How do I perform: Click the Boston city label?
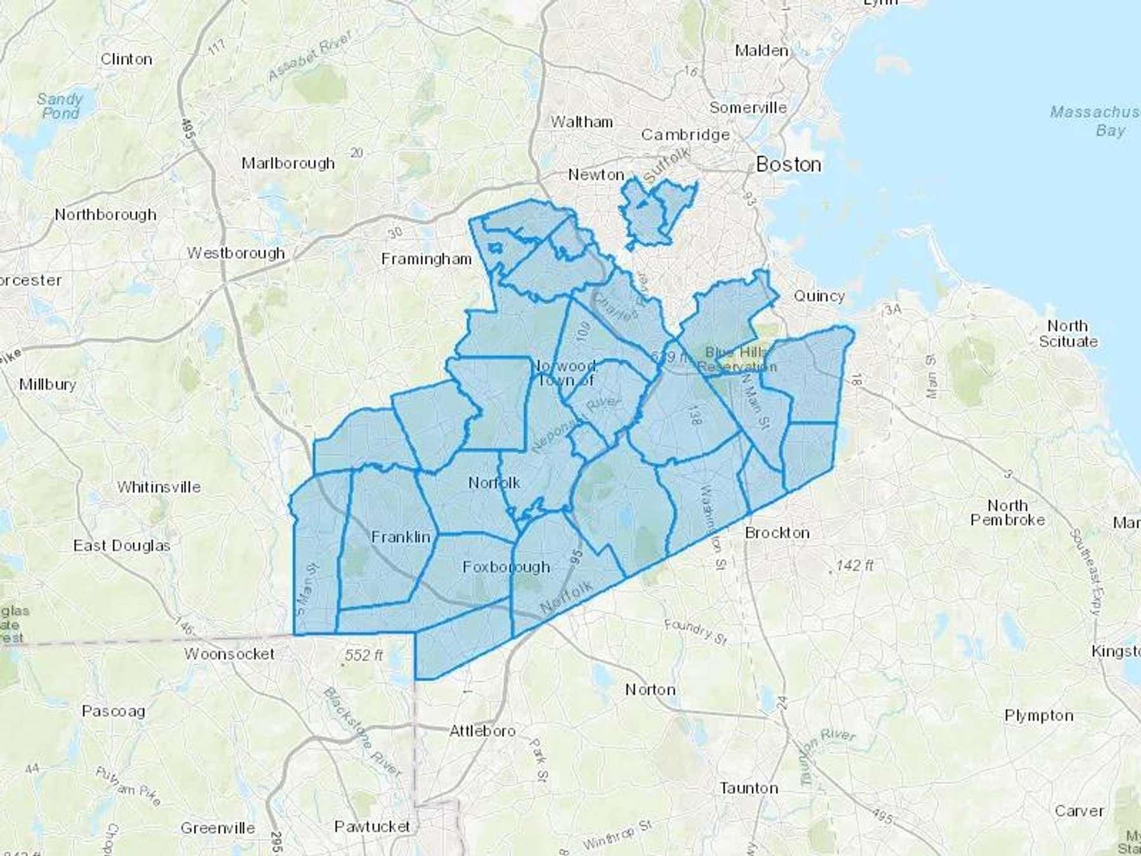789,165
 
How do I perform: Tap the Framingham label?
426,259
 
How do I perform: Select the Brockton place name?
777,533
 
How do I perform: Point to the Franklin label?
401,537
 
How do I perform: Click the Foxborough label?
506,567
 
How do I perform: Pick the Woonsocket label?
229,654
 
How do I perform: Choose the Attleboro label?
482,731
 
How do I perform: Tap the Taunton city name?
749,788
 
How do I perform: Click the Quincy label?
819,296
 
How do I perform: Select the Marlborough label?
288,163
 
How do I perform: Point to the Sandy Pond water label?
60,106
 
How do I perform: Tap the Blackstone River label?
362,731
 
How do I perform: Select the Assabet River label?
309,56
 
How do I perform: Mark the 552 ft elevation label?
364,655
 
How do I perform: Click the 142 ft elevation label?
854,565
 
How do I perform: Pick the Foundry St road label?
695,632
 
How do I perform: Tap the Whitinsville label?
158,487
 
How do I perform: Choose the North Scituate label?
1067,334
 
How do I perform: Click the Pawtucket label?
372,826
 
